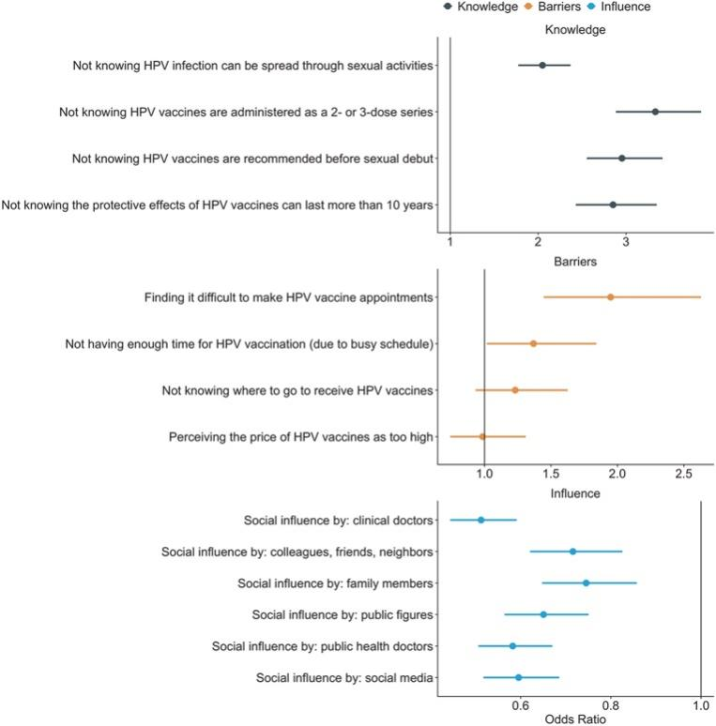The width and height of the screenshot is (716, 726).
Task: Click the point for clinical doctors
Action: pyautogui.click(x=481, y=520)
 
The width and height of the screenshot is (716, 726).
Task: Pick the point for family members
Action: pyautogui.click(x=587, y=582)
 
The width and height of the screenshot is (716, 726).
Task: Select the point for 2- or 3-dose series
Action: pyautogui.click(x=655, y=112)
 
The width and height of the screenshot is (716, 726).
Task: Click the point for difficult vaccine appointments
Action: pyautogui.click(x=610, y=297)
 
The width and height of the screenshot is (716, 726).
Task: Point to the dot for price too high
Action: pyautogui.click(x=482, y=436)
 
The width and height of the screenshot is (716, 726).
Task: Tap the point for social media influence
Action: pyautogui.click(x=518, y=677)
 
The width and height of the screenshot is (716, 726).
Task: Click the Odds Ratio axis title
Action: pyautogui.click(x=574, y=718)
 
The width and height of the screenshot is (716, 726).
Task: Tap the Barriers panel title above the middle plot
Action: pyautogui.click(x=574, y=262)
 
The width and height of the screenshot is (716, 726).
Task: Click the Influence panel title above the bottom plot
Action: pyautogui.click(x=574, y=492)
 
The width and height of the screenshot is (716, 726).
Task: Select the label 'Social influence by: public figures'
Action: pyautogui.click(x=343, y=614)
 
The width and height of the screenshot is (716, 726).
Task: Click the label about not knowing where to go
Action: pyautogui.click(x=297, y=390)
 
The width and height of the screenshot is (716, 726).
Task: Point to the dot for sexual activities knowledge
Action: pyautogui.click(x=542, y=66)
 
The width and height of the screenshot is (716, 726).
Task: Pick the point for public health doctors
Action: pyautogui.click(x=512, y=646)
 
